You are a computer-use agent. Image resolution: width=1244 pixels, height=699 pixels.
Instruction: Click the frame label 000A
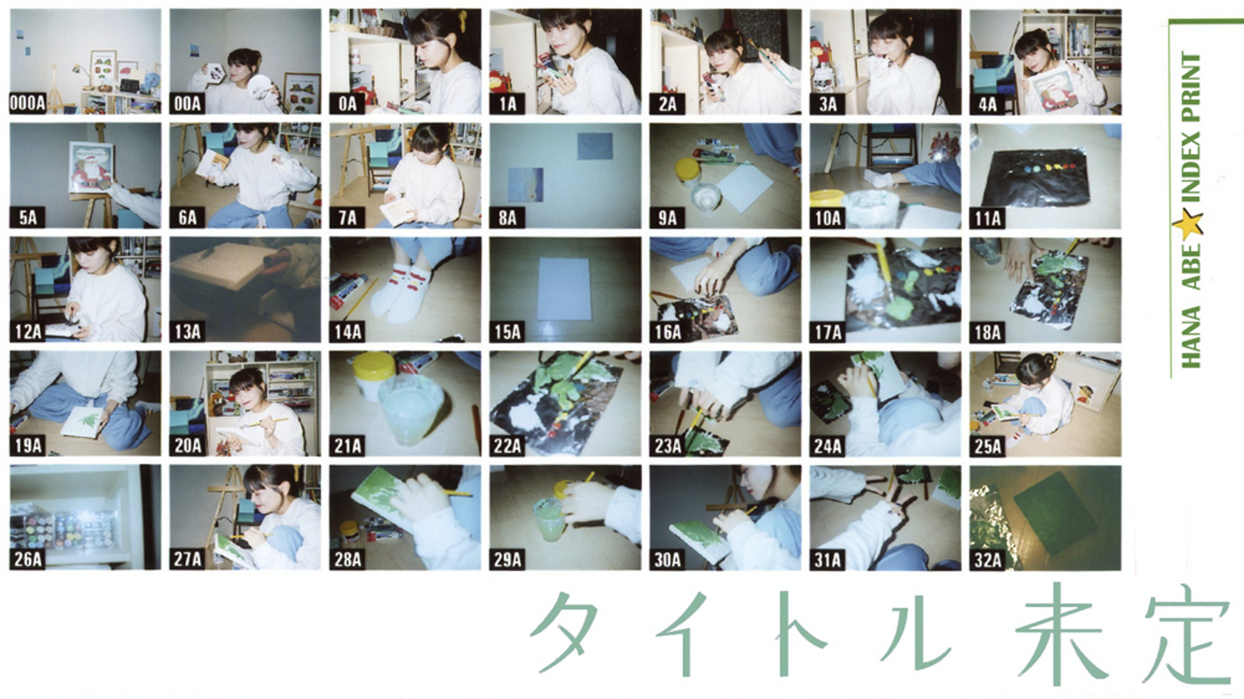pyautogui.click(x=27, y=104)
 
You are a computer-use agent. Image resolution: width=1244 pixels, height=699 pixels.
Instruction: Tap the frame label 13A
pyautogui.click(x=187, y=332)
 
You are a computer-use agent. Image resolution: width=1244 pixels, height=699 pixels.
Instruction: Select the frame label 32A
pyautogui.click(x=988, y=561)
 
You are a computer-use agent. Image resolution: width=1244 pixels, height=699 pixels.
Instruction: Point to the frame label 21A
pyautogui.click(x=347, y=446)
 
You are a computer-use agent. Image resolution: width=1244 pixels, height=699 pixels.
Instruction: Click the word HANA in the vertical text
pyautogui.click(x=1191, y=337)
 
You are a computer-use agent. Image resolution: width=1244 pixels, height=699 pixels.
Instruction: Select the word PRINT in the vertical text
pyautogui.click(x=1191, y=85)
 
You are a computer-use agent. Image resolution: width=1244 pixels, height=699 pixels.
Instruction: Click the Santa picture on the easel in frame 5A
pyautogui.click(x=90, y=167)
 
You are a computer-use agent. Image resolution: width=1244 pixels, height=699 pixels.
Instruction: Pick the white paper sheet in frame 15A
pyautogui.click(x=564, y=289)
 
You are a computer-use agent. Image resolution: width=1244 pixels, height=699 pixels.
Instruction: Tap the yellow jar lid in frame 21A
pyautogui.click(x=374, y=366)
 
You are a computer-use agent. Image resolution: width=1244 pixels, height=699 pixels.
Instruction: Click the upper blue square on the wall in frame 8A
pyautogui.click(x=595, y=146)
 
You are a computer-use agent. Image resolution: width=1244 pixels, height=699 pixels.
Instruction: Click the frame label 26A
pyautogui.click(x=27, y=560)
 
